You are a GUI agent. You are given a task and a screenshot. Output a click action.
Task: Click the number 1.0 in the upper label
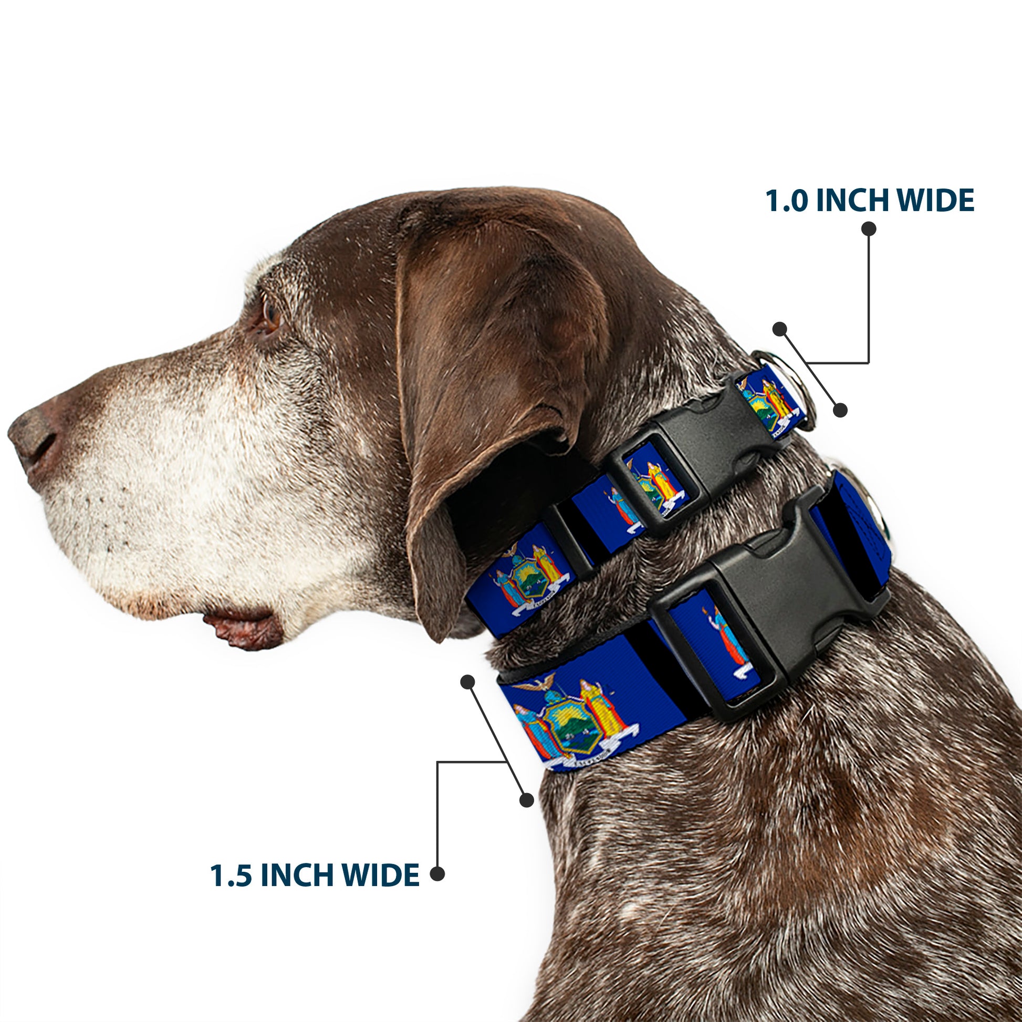coord(786,201)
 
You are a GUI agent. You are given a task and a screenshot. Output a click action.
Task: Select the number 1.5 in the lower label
coord(231,875)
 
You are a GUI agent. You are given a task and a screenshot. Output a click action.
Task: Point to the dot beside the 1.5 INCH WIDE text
coord(437,874)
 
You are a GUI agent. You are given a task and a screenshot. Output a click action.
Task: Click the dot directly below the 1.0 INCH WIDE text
coord(869,229)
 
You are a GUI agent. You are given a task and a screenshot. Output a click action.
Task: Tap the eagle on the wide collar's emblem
coord(534,686)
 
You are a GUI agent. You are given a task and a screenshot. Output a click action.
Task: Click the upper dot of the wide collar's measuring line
coord(467,682)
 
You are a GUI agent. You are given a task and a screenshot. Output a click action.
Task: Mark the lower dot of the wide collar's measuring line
coord(526,800)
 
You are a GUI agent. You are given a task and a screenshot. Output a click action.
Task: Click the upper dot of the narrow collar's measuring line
coord(779,329)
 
